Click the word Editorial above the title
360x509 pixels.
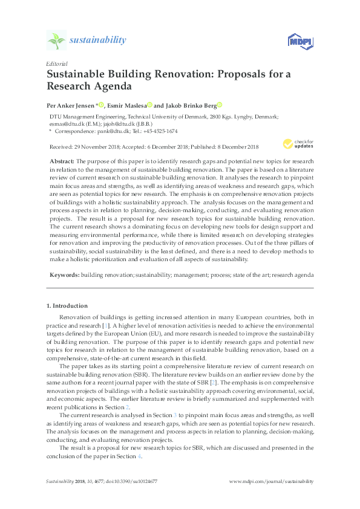click(x=57, y=63)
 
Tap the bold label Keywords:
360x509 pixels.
click(x=64, y=274)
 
